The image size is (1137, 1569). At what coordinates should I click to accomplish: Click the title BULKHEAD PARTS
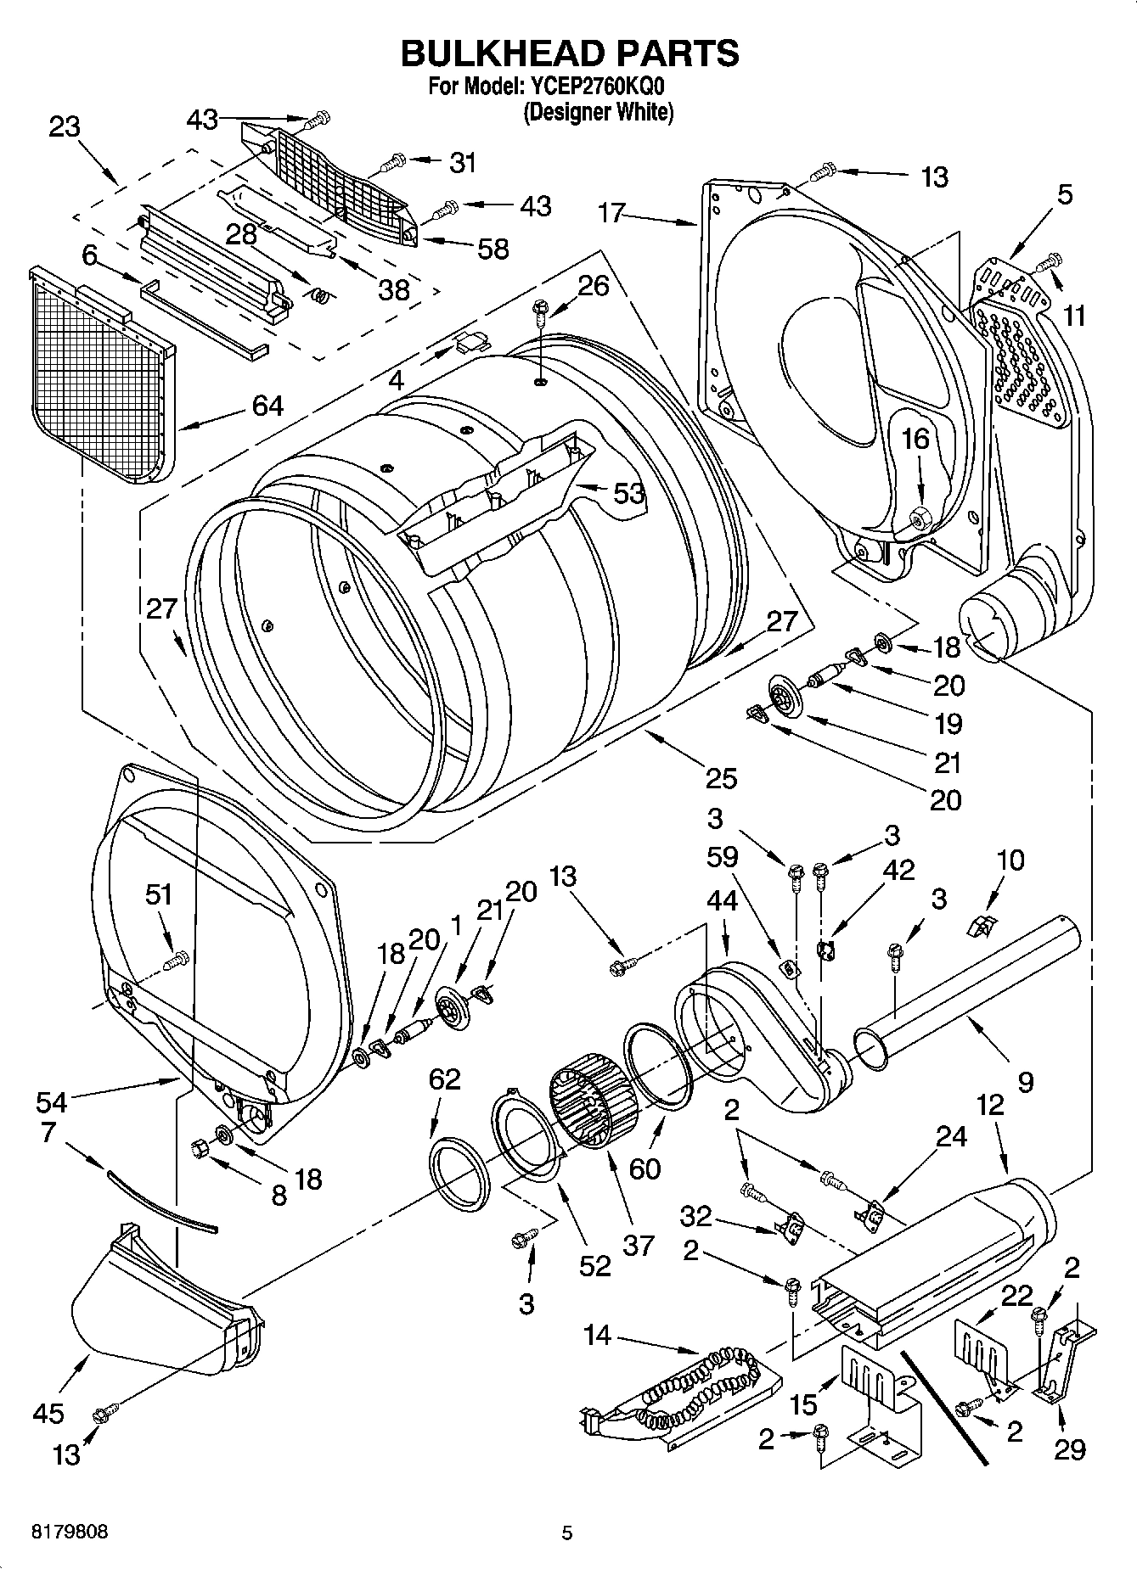coord(569,53)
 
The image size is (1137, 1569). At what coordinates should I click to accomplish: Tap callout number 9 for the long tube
coord(1025,1082)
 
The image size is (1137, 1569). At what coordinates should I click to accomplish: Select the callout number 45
coord(48,1413)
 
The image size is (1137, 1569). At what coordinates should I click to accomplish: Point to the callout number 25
coord(721,777)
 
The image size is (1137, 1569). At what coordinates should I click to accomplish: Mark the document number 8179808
coord(69,1532)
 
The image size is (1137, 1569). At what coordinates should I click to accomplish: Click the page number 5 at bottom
coord(567,1533)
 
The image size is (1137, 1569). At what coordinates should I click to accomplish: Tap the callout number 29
coord(1069,1449)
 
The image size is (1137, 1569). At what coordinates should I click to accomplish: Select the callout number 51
coord(159,894)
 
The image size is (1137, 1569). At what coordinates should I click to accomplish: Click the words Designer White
coord(598,111)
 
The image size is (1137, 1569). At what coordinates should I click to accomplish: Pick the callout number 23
coord(64,127)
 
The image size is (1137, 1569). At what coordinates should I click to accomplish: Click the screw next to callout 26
coord(538,310)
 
